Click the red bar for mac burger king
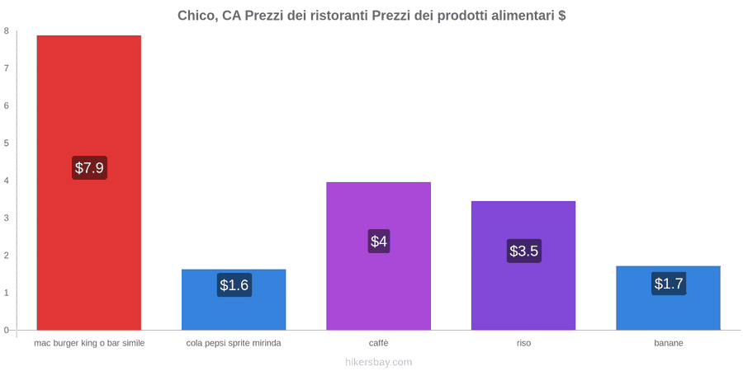[x=89, y=183]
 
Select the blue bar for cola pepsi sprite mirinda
[x=234, y=299]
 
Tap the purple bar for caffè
[x=379, y=256]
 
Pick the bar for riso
[x=523, y=265]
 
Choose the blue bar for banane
[x=668, y=298]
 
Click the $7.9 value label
[x=89, y=167]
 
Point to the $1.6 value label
[x=234, y=285]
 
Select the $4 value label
[x=379, y=242]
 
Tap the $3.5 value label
[x=524, y=251]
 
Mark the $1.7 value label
[x=669, y=284]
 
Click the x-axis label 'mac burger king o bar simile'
[x=89, y=343]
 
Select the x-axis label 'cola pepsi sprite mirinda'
[x=234, y=343]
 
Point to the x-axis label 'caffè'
[x=379, y=343]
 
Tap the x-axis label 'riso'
[x=523, y=343]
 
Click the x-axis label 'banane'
[x=669, y=343]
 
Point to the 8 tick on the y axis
[x=7, y=31]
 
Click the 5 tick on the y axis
[x=7, y=143]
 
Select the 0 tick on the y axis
[x=7, y=331]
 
